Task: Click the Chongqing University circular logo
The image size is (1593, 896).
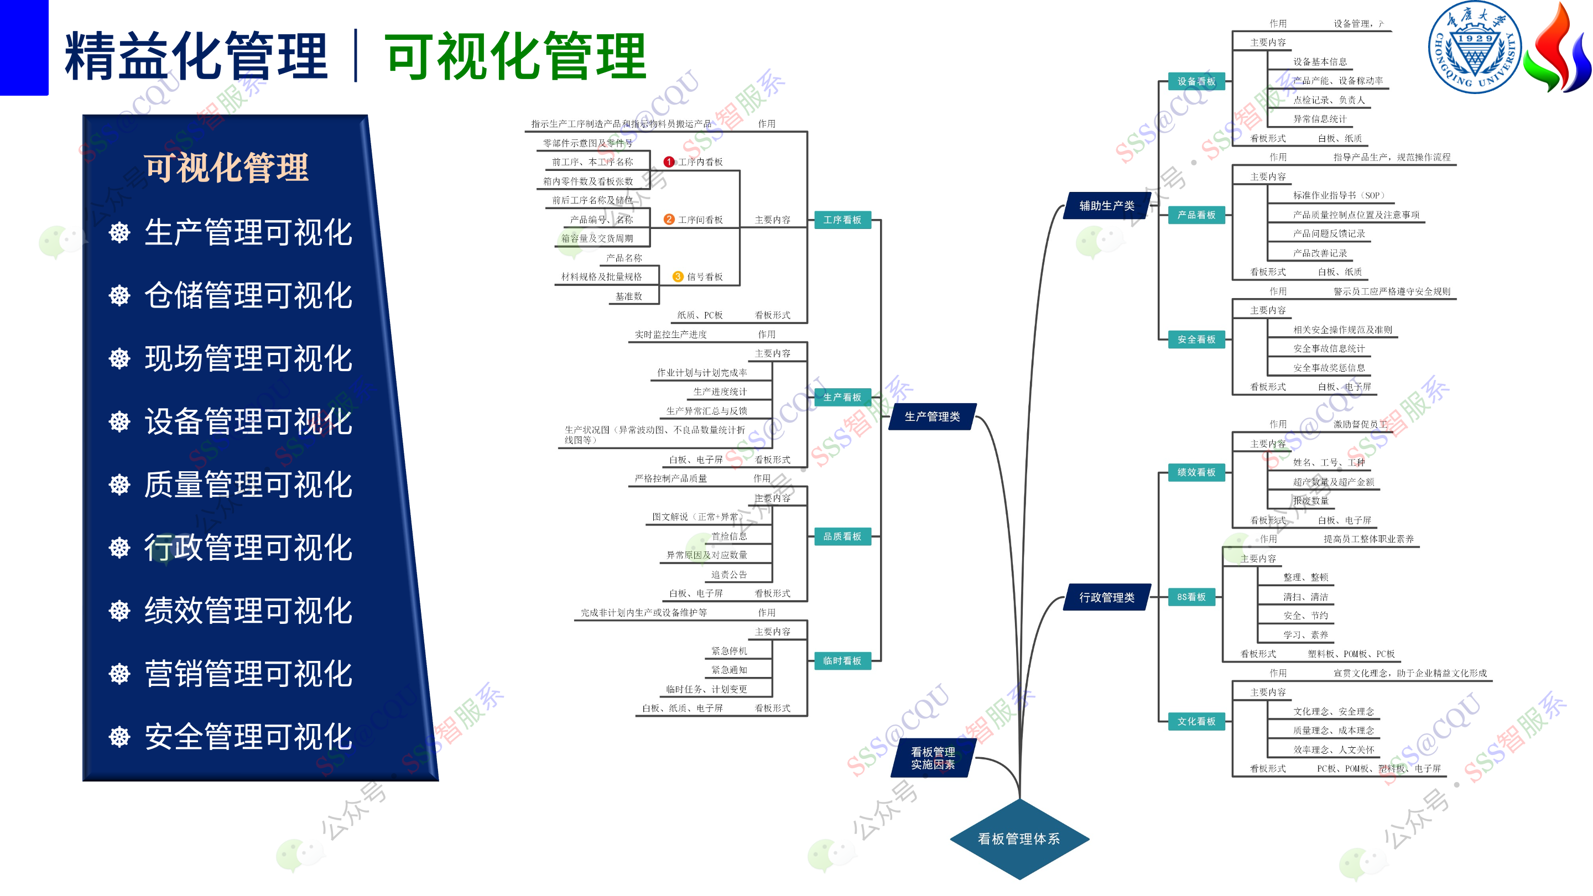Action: point(1474,47)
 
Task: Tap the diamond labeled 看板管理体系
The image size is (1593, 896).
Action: point(1019,838)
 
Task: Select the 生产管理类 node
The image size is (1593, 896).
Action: point(932,417)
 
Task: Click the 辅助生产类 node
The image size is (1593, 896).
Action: point(1106,206)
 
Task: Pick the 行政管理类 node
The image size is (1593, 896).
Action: point(1106,597)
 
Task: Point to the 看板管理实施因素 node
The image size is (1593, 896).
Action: point(933,758)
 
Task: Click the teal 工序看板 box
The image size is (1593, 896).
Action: point(842,220)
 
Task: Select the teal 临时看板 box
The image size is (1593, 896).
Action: point(842,661)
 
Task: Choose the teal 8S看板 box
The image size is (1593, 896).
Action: point(1191,597)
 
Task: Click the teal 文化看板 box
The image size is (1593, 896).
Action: point(1196,722)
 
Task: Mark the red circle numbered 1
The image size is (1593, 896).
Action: point(669,162)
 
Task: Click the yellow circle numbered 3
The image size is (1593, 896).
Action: point(678,277)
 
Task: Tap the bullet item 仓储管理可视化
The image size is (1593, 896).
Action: point(248,295)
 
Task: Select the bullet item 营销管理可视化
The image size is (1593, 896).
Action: point(248,674)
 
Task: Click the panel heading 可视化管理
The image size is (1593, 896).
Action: point(226,168)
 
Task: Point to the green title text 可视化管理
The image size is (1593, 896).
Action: point(515,57)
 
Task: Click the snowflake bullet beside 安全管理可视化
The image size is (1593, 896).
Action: point(119,737)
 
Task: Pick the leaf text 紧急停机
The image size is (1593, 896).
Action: point(729,651)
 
